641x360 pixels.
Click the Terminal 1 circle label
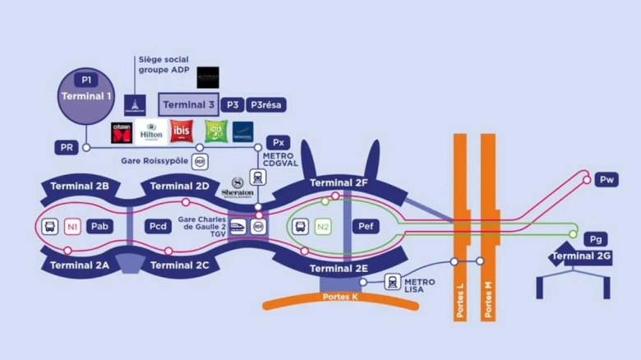tap(86, 97)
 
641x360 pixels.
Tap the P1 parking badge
tap(86, 80)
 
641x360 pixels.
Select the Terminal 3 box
tap(188, 104)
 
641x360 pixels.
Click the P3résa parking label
tap(267, 104)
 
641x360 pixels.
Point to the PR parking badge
tap(67, 148)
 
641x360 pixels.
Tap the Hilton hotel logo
tap(151, 132)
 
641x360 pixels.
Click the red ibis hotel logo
tap(181, 132)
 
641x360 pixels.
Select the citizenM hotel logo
tap(122, 132)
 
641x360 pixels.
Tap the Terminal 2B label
tap(80, 187)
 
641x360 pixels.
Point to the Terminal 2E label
tap(338, 269)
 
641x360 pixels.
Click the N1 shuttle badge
tap(73, 226)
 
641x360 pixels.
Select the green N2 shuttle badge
tap(323, 226)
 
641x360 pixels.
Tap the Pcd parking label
tap(159, 226)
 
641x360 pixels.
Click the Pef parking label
tap(364, 226)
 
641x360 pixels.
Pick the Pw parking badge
tap(606, 179)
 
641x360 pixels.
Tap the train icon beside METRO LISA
tap(392, 282)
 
